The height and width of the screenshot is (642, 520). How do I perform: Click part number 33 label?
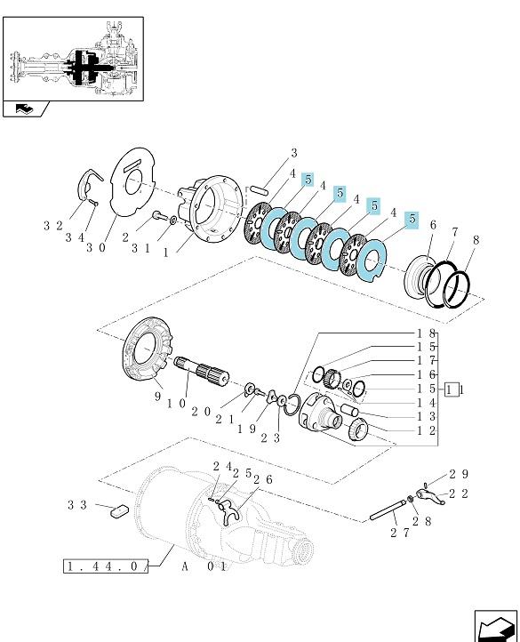[x=77, y=505]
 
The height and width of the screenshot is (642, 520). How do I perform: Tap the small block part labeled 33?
[x=120, y=511]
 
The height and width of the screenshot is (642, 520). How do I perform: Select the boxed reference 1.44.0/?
[x=106, y=566]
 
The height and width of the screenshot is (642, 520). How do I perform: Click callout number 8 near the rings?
[x=476, y=240]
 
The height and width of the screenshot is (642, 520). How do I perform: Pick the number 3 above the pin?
[x=294, y=153]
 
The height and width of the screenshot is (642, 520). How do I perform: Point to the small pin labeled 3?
[x=260, y=189]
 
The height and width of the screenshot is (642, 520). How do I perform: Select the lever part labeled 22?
[x=430, y=496]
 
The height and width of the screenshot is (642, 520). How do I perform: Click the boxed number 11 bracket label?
[x=452, y=389]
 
